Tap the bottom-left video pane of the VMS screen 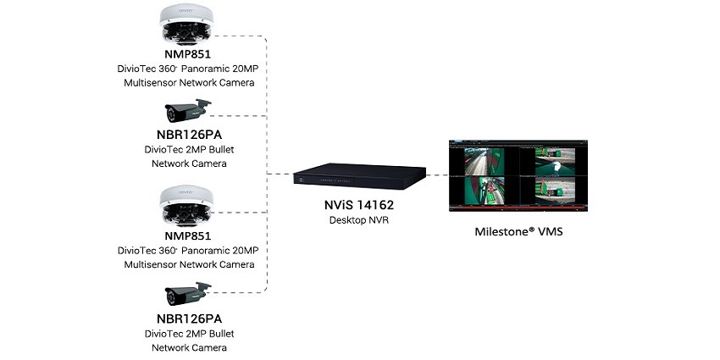click(x=487, y=191)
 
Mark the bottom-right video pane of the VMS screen click(x=555, y=191)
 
